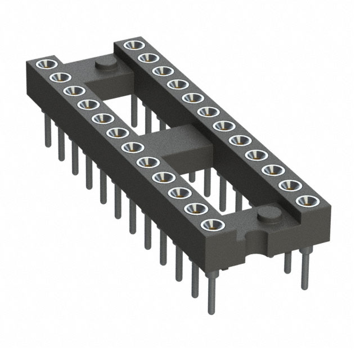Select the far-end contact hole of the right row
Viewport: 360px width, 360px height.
click(x=132, y=43)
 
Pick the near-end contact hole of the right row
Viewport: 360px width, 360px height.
click(x=305, y=201)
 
